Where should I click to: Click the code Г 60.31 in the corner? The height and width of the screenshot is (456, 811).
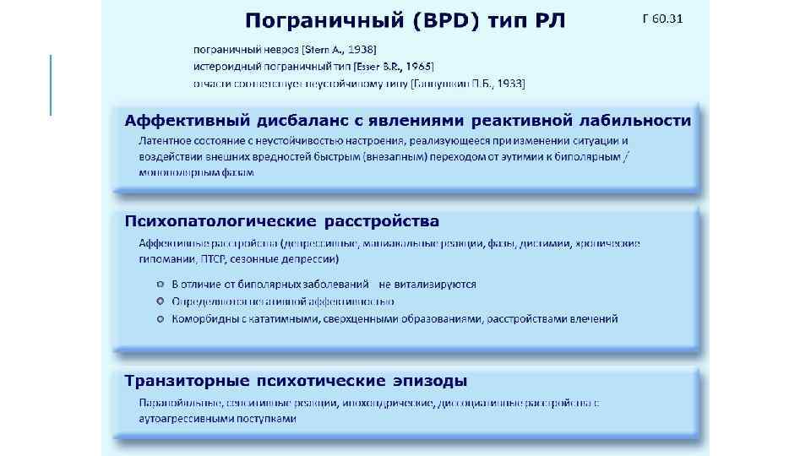click(662, 19)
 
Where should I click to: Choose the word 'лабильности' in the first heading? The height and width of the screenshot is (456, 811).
click(640, 121)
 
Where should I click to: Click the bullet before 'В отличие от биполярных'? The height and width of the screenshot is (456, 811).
click(159, 285)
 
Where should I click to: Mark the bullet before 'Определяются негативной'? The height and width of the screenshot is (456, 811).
click(159, 301)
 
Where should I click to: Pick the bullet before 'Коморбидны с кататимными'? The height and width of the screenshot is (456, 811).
click(159, 318)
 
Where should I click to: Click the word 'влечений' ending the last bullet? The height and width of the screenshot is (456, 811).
click(596, 318)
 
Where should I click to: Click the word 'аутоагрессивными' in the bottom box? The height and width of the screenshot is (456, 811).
click(186, 418)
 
